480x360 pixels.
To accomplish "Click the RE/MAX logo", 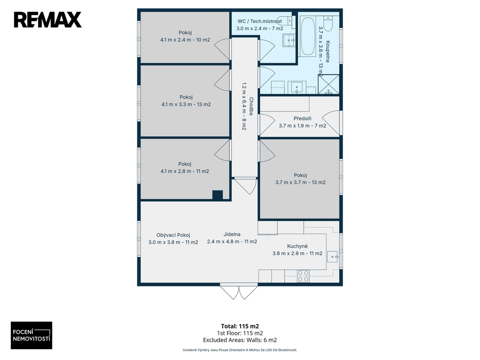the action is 48,20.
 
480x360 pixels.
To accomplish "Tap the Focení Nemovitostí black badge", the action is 31,335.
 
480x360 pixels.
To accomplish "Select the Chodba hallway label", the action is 251,106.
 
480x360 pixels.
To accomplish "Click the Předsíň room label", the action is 302,118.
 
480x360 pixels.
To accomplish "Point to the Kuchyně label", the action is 297,246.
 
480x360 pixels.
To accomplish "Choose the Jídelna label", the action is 232,234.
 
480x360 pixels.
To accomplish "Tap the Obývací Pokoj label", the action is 173,235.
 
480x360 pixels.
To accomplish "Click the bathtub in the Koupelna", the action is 307,37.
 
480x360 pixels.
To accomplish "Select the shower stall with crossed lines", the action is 329,84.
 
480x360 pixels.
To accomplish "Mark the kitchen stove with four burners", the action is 303,276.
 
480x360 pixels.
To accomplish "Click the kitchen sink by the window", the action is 332,256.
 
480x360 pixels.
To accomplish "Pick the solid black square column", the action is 217,195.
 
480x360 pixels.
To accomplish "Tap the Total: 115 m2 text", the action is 240,326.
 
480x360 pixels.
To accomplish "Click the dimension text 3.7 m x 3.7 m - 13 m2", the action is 300,182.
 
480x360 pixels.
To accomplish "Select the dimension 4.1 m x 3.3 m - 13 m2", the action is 186,105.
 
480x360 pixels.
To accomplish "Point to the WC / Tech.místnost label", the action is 260,21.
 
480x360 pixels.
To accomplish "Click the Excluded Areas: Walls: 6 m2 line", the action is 240,340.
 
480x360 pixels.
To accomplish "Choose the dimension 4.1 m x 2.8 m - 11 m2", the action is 185,172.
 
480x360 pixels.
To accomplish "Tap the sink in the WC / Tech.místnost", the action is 288,40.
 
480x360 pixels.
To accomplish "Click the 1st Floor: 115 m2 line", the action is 240,333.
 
